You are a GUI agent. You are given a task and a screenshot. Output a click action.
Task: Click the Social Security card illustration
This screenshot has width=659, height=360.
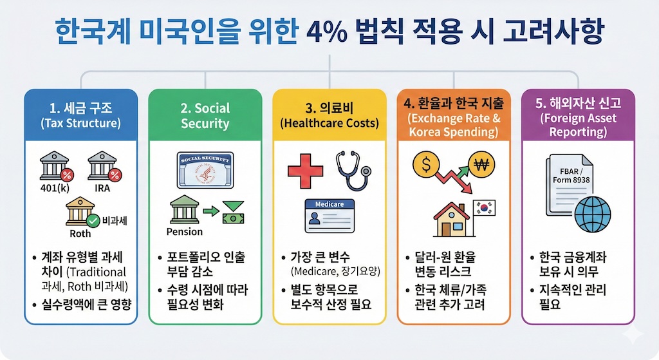[x=205, y=169]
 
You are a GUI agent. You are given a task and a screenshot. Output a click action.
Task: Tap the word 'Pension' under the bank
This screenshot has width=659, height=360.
[x=184, y=231]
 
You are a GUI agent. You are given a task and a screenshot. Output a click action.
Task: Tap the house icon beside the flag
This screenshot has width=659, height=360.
[x=452, y=220]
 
